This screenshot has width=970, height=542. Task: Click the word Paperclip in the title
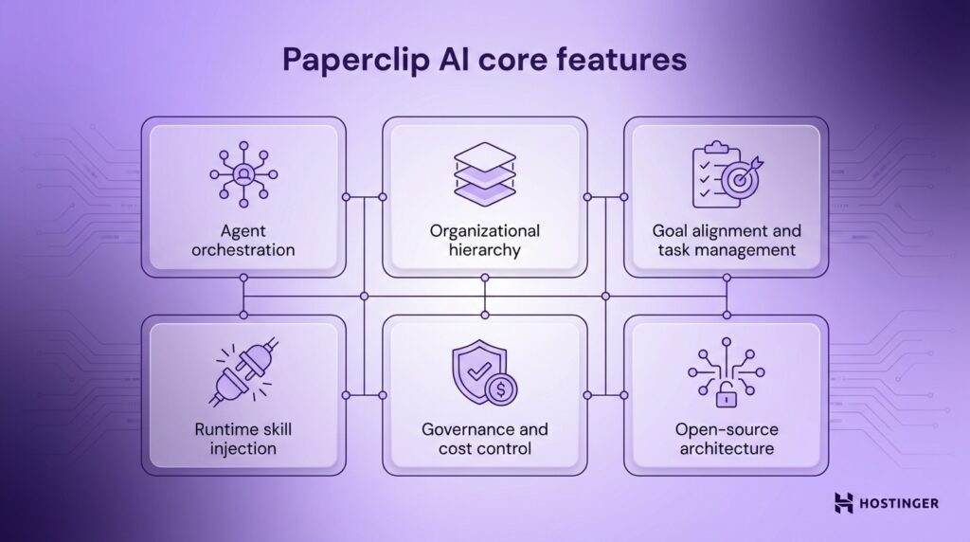(348, 61)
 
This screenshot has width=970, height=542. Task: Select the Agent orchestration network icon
(243, 173)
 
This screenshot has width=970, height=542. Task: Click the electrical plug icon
(242, 374)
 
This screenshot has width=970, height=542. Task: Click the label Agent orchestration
(243, 241)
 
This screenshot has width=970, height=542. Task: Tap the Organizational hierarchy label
(484, 241)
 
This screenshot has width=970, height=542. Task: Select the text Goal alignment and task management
(726, 241)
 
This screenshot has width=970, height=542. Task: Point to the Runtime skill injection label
(243, 439)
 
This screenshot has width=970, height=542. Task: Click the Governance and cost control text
(484, 439)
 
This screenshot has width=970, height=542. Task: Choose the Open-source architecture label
(726, 439)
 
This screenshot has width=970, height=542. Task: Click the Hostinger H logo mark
(844, 503)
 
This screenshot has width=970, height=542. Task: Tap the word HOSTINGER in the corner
(899, 503)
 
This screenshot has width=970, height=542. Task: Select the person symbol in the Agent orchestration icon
(243, 173)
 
